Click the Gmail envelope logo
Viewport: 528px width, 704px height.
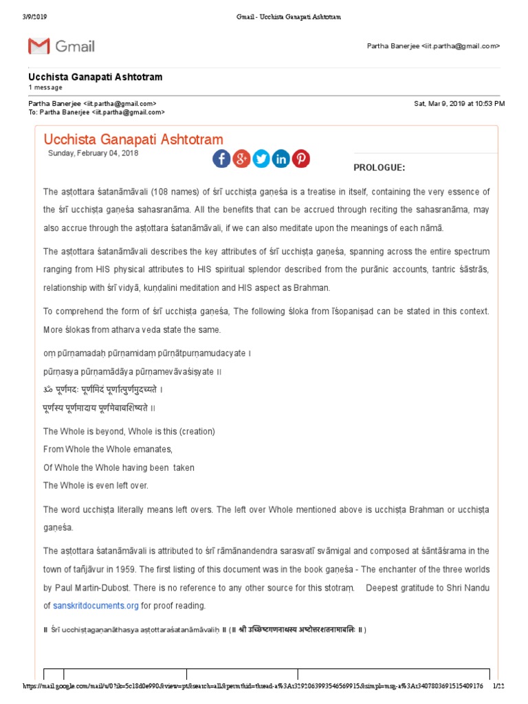tap(38, 46)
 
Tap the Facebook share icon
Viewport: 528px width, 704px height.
tap(221, 159)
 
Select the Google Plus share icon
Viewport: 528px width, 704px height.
tap(241, 159)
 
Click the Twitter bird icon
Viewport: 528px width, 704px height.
tap(261, 159)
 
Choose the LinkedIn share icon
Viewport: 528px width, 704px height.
tap(281, 159)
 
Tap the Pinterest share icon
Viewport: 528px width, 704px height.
tap(301, 159)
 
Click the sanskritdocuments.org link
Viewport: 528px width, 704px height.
tap(96, 606)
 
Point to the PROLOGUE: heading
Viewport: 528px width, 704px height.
tap(379, 168)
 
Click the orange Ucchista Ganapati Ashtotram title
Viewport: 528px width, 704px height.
tap(133, 139)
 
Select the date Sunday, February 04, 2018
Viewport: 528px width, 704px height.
tap(93, 153)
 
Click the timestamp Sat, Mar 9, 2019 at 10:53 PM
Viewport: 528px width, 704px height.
tap(459, 103)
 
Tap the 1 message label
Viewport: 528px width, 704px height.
tap(45, 87)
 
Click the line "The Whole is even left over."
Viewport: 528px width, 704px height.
tap(96, 485)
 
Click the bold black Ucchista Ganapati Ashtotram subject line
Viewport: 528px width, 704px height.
tap(96, 77)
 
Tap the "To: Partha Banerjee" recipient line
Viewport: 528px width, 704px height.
tap(96, 111)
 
